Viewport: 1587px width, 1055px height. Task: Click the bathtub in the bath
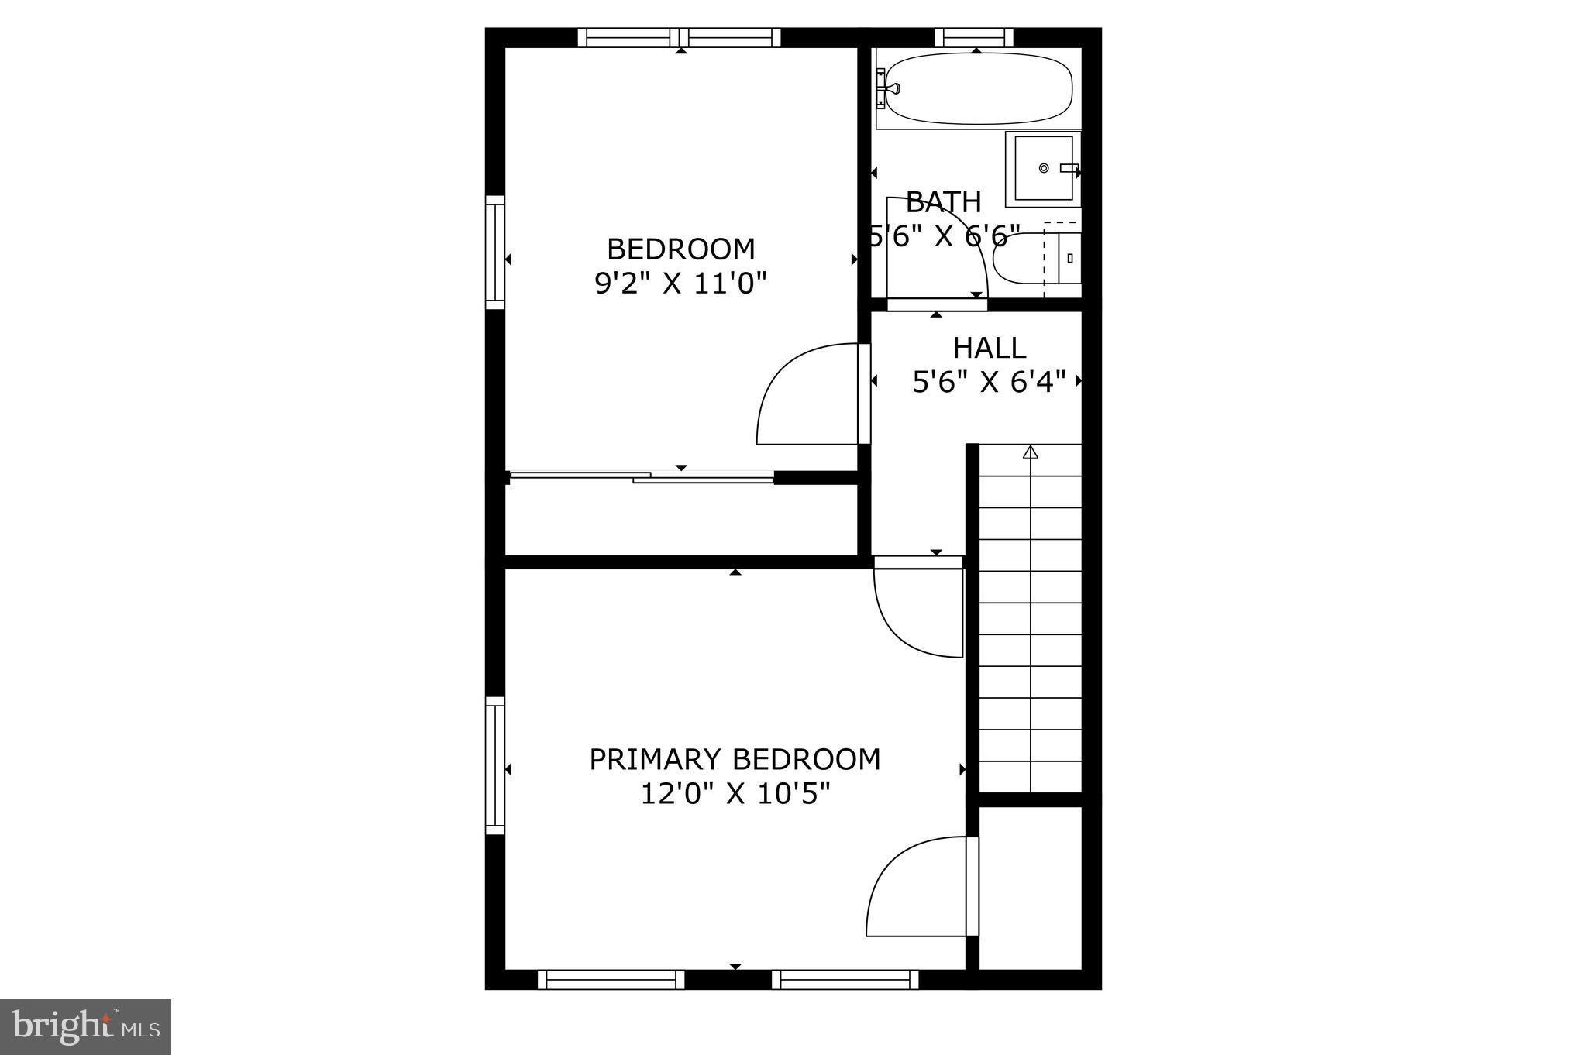click(x=978, y=88)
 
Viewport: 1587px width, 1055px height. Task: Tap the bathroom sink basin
click(x=1043, y=168)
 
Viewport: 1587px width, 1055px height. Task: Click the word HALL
click(x=989, y=348)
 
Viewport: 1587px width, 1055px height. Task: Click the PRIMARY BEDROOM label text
click(x=735, y=759)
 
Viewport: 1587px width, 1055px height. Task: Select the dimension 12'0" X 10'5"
click(x=735, y=794)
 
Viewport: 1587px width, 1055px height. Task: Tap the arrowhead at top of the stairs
click(x=1030, y=452)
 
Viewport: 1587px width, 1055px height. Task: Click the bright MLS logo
click(x=85, y=1026)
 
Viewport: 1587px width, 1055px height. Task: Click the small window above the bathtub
click(x=974, y=37)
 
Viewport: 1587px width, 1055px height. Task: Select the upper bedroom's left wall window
click(x=495, y=252)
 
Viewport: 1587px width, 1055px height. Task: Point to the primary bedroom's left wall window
click(x=495, y=765)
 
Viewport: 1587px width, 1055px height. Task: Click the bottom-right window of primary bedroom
click(x=845, y=980)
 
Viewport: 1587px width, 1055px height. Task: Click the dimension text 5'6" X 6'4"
click(x=989, y=382)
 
